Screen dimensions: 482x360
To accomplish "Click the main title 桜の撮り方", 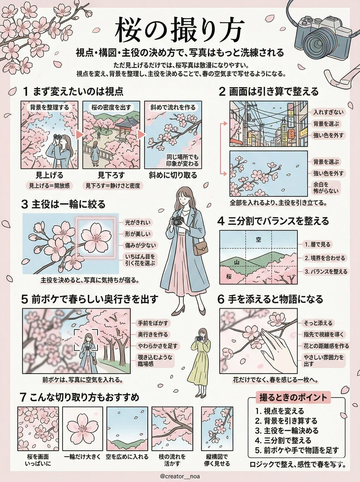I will pos(180,30).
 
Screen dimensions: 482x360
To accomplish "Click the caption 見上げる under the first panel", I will pos(47,175).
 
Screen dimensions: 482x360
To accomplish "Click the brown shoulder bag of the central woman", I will pos(201,248).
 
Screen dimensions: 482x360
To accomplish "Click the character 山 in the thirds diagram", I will pos(236,262).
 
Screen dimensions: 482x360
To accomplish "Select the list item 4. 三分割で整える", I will pos(283,440).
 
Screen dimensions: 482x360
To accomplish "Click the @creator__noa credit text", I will pos(180,476).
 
